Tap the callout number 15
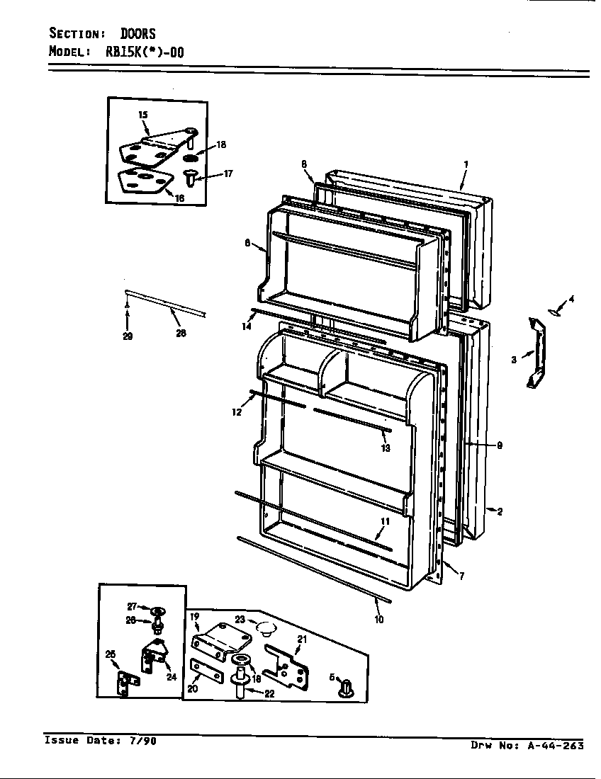point(142,115)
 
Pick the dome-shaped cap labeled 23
point(265,625)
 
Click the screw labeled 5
point(345,688)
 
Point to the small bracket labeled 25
point(127,683)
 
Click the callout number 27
point(131,606)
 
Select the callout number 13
point(385,448)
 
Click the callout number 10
point(379,620)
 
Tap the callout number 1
point(466,164)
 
